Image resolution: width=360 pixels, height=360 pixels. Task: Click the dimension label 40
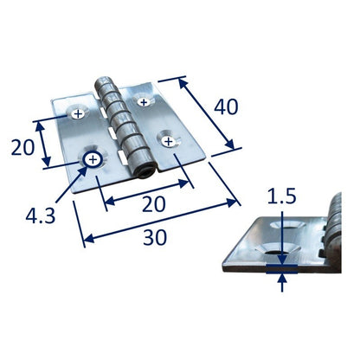click(x=226, y=106)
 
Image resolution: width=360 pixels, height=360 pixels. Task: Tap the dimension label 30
click(x=155, y=238)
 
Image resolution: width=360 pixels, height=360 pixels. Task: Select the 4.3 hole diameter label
click(x=40, y=216)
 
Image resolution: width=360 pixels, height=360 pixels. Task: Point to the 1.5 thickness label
click(x=282, y=196)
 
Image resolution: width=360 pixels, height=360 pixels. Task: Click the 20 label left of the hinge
click(x=22, y=147)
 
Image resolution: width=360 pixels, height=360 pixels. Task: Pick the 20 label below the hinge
click(x=154, y=204)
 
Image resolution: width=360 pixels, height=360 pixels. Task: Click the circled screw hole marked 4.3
click(x=93, y=159)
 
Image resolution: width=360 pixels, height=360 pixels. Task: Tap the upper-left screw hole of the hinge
click(x=78, y=114)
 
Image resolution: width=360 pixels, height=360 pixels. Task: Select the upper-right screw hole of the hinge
click(x=144, y=101)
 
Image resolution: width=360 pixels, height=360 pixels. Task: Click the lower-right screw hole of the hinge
click(x=169, y=141)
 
